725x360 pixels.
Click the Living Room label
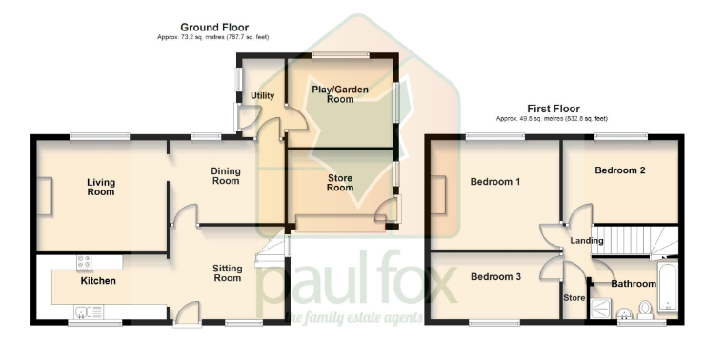100,187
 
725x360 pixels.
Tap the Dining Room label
225,175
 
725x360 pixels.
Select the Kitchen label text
98,281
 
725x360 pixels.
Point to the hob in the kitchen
84,261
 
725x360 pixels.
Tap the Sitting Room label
227,273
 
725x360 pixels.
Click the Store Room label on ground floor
340,182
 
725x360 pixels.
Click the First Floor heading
554,109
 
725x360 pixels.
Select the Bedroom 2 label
620,170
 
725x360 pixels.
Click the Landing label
587,241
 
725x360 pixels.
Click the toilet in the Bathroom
645,309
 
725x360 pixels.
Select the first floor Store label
574,297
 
